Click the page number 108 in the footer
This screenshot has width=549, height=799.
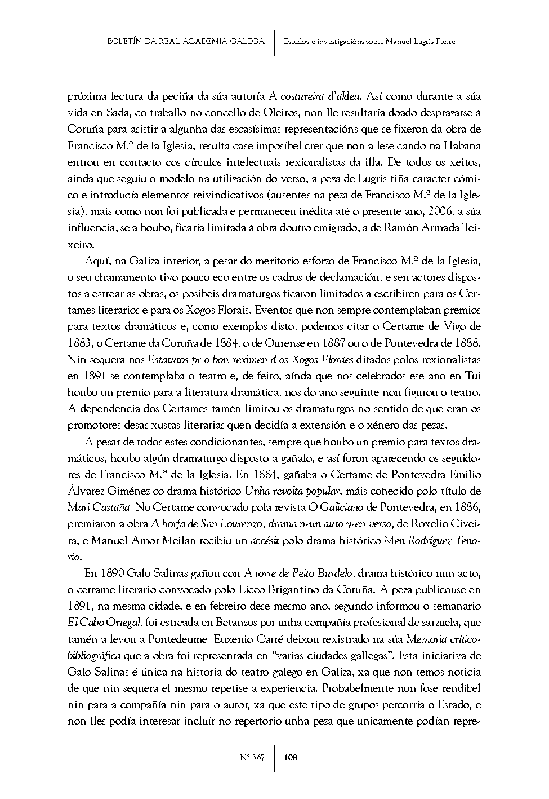(x=291, y=757)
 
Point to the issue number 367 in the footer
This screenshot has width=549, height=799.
(x=258, y=757)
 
